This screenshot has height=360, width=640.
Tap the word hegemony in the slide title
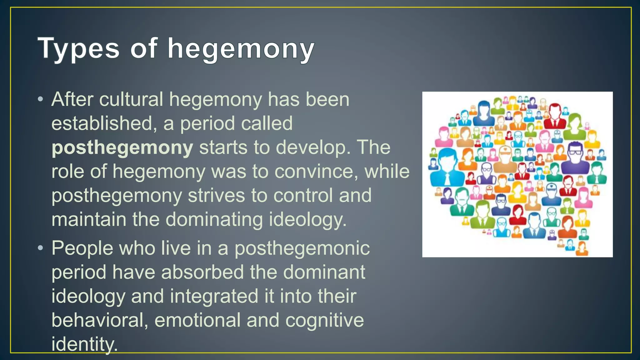point(241,49)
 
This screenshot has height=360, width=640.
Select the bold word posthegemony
point(122,147)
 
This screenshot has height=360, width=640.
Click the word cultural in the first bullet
point(131,99)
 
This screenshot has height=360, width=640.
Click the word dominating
point(214,219)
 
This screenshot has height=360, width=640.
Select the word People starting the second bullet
point(82,248)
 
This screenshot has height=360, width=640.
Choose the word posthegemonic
point(302,248)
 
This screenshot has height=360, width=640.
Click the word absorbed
point(202,272)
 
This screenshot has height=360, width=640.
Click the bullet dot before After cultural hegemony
point(40,100)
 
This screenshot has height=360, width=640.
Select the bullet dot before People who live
point(40,248)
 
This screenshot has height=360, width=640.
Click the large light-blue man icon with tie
point(445,169)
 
